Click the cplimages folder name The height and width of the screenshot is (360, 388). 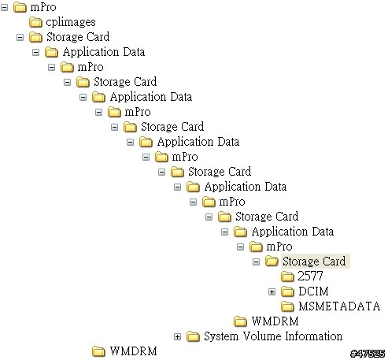[71, 22]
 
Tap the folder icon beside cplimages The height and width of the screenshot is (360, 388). [35, 22]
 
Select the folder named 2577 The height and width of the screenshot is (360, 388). [310, 276]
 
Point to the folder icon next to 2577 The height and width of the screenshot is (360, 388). [287, 276]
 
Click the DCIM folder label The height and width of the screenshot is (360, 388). [313, 291]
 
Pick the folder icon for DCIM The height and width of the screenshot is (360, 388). [287, 291]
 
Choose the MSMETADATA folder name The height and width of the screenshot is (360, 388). [339, 306]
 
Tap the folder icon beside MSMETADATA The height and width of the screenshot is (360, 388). [287, 306]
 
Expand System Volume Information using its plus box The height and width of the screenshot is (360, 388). [177, 336]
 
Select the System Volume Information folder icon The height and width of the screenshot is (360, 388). [193, 336]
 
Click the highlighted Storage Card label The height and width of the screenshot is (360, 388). [314, 262]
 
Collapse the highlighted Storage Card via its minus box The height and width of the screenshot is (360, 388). [256, 262]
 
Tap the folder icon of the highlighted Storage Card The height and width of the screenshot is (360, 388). [272, 262]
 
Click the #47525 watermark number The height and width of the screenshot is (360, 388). [368, 354]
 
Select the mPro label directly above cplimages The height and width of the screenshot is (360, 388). [43, 7]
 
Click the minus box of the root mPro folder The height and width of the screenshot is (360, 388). [4, 7]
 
